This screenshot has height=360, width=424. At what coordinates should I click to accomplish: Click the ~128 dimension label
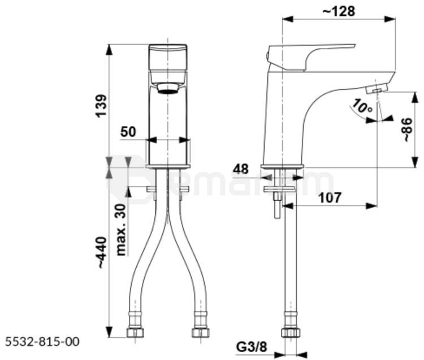pos(339,11)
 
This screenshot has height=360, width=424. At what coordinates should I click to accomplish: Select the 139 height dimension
pos(101,106)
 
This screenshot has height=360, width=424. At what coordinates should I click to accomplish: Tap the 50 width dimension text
pos(128,132)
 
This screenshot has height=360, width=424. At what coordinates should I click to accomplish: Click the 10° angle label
pos(360,106)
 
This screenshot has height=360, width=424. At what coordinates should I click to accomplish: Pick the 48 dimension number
pos(241,169)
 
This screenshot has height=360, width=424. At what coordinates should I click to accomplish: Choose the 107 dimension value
pos(329,198)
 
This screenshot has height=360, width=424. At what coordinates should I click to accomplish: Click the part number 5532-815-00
pos(42,341)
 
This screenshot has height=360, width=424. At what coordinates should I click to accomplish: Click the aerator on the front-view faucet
pos(168,88)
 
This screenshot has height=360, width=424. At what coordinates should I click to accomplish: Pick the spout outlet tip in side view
pos(377,88)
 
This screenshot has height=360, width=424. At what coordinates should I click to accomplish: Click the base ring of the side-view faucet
pos(282,166)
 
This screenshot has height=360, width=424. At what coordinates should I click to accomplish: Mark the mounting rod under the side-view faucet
pos(277,203)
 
